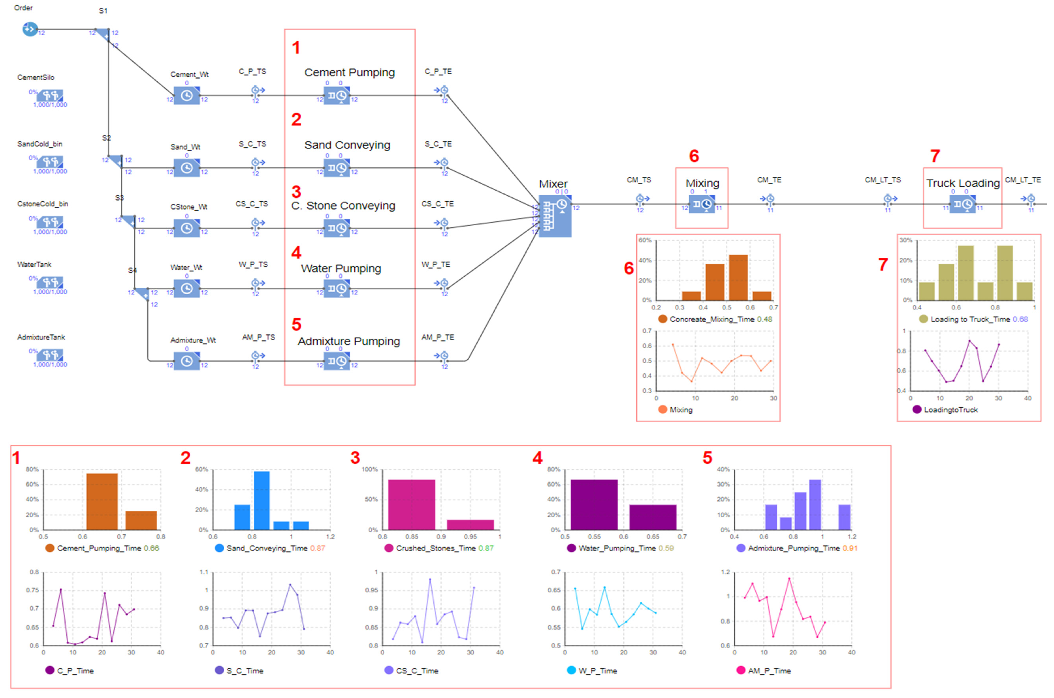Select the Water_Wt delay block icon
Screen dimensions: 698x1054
click(186, 288)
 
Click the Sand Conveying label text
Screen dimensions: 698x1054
click(347, 145)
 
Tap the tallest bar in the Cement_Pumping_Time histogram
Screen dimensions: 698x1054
click(102, 501)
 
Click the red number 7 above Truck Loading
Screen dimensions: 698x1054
click(935, 156)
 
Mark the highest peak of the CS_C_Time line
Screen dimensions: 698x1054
click(430, 579)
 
